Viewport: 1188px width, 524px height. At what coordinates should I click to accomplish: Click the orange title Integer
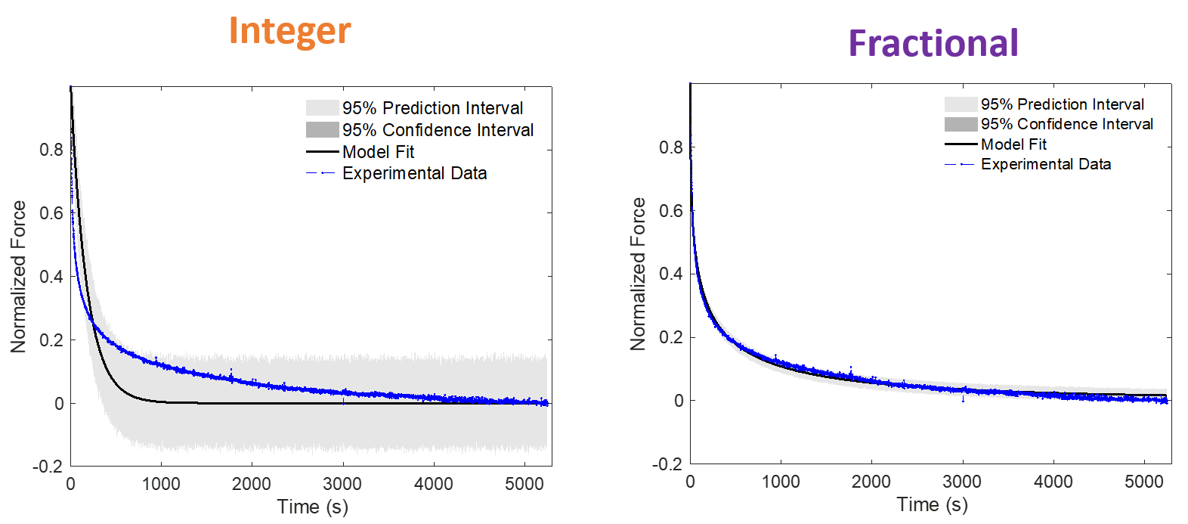(x=289, y=32)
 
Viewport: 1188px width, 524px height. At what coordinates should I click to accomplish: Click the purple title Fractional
(x=933, y=43)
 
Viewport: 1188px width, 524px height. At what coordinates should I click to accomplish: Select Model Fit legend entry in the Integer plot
(x=378, y=152)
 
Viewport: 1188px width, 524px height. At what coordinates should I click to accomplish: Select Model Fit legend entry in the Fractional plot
(x=1013, y=144)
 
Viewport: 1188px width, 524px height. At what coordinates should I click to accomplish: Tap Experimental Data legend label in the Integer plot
(x=415, y=173)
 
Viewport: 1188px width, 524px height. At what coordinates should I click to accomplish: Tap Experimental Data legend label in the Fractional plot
(x=1046, y=164)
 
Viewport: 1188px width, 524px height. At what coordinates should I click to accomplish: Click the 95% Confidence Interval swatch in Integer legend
(x=323, y=129)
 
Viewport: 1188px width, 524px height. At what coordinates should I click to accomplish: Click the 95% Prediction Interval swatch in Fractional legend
(x=961, y=104)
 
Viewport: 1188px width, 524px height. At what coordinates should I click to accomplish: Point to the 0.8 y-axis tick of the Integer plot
(x=51, y=150)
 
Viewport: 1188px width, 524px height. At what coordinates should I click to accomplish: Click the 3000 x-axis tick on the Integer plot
(x=342, y=484)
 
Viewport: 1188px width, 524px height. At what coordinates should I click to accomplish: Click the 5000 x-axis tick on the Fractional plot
(x=1144, y=482)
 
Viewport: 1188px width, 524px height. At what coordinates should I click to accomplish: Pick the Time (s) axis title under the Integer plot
(x=313, y=507)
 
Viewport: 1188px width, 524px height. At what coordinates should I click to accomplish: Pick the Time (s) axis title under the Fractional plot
(x=933, y=504)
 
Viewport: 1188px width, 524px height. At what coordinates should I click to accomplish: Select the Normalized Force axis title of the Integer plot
(x=19, y=277)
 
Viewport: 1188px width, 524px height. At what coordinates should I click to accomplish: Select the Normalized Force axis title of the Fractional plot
(x=638, y=274)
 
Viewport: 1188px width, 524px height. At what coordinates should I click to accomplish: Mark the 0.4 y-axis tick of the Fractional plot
(x=671, y=274)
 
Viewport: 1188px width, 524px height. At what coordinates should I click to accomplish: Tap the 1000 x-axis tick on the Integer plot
(x=161, y=484)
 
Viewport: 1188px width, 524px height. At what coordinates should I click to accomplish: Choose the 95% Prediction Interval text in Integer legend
(x=433, y=108)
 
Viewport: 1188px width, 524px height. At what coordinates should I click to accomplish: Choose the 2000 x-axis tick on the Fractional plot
(x=871, y=482)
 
